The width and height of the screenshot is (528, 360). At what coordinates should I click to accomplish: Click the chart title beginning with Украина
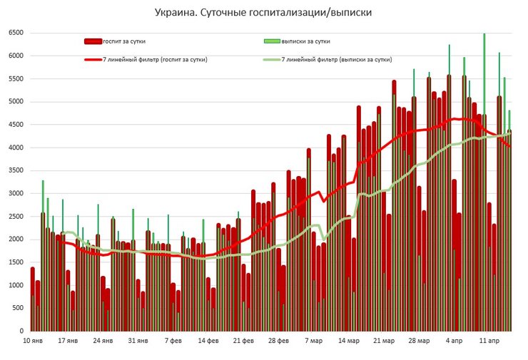tap(263, 12)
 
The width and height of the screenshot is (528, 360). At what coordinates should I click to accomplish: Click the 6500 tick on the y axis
tap(16, 33)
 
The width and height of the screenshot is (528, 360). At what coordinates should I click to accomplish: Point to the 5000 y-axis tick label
tap(16, 102)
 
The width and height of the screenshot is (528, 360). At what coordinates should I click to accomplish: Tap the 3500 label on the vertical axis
tap(16, 170)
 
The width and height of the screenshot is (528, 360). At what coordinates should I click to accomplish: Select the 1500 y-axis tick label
tap(16, 262)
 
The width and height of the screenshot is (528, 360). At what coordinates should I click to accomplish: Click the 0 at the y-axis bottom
tap(22, 331)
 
